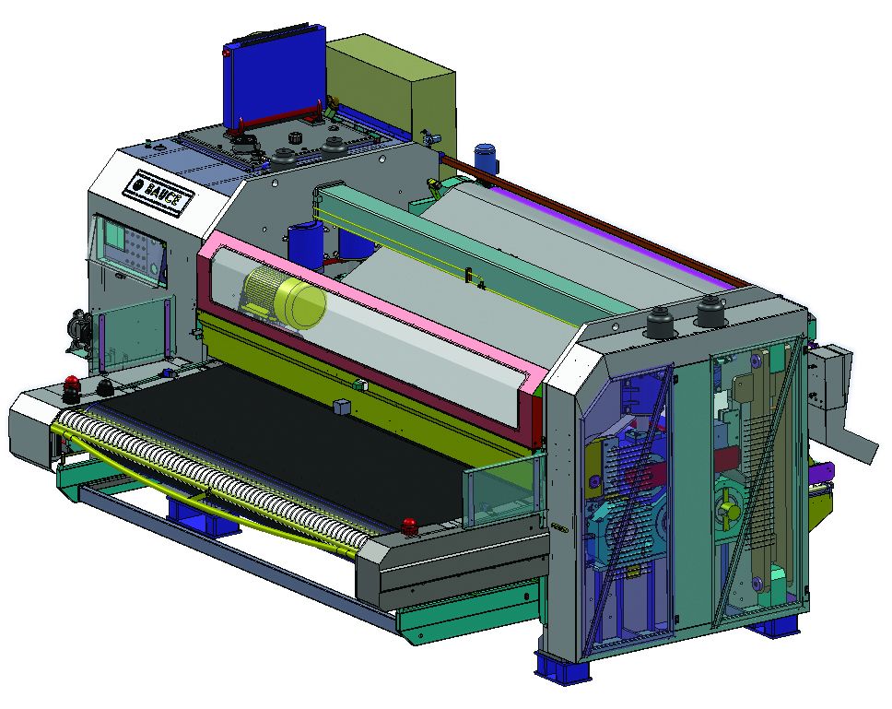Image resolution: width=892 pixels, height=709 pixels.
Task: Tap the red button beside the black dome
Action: pyautogui.click(x=72, y=384)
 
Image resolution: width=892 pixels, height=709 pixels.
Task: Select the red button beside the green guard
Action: pyautogui.click(x=408, y=526)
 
